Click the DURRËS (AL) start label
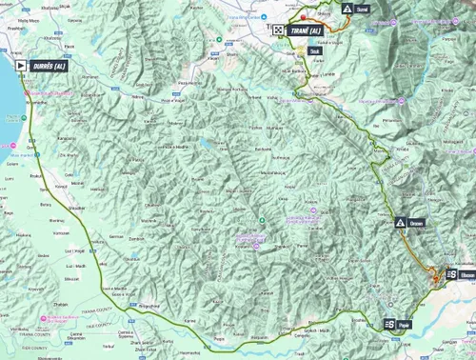click(x=49, y=66)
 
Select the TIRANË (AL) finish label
click(x=310, y=30)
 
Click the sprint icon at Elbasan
click(x=452, y=274)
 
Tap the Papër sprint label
click(x=407, y=325)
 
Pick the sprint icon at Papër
click(x=389, y=325)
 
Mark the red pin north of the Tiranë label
click(x=304, y=17)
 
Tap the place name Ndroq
click(x=135, y=96)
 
